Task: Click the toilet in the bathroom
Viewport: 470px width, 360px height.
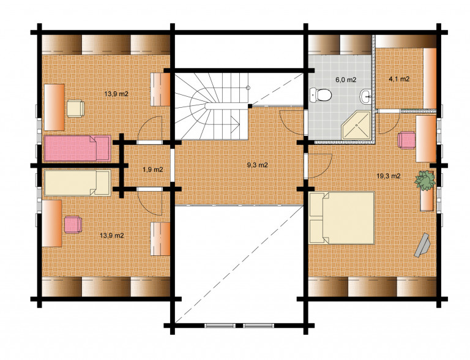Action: click(x=321, y=95)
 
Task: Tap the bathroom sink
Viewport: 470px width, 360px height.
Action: click(x=365, y=96)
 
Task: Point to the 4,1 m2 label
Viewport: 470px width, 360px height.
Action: click(x=399, y=79)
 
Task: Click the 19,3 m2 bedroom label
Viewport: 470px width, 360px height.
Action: click(x=389, y=176)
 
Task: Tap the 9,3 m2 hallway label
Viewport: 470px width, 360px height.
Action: click(x=257, y=165)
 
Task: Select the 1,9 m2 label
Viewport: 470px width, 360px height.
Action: click(x=153, y=170)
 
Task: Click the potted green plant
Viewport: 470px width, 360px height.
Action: click(x=425, y=180)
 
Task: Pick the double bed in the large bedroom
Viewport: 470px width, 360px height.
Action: click(x=341, y=218)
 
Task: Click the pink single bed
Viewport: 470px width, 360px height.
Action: click(x=77, y=148)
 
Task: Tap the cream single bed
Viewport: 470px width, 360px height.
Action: click(x=77, y=182)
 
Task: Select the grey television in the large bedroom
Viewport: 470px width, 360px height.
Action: click(x=422, y=245)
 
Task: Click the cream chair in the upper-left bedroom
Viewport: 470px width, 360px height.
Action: click(x=75, y=108)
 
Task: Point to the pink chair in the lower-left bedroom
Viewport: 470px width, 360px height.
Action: click(x=73, y=225)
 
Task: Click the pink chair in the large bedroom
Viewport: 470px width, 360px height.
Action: click(x=406, y=140)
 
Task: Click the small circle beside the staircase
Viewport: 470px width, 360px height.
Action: click(x=248, y=88)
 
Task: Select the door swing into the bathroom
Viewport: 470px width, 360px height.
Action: click(x=291, y=122)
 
